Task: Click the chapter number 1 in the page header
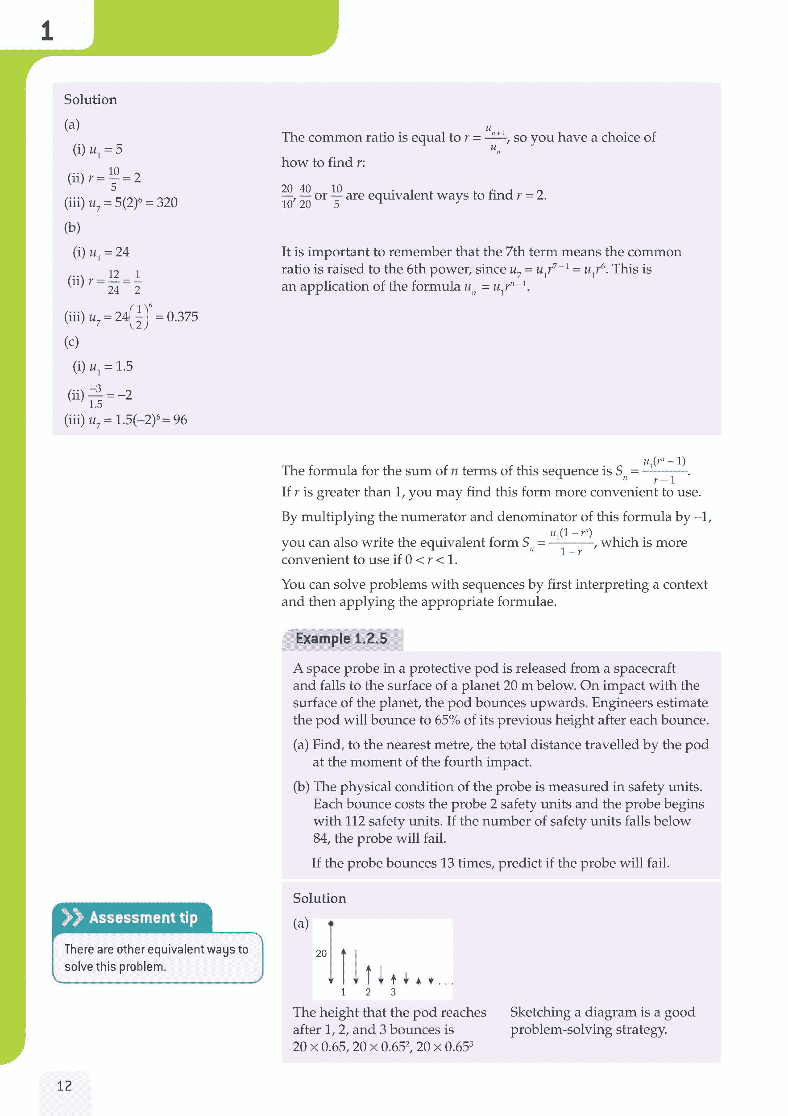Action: (x=47, y=31)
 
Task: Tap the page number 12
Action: (x=64, y=1085)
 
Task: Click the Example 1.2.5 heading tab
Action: (x=341, y=638)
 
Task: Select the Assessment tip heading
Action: (x=143, y=917)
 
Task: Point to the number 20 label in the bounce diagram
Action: (x=321, y=954)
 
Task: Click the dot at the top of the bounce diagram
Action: (x=331, y=924)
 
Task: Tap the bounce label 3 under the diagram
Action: (x=393, y=992)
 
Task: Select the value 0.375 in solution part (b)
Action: (x=182, y=317)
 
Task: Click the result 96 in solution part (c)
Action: (x=180, y=420)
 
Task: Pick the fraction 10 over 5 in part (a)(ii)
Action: (x=114, y=179)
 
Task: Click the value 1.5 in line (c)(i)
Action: (x=124, y=366)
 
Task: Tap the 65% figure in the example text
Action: (x=447, y=720)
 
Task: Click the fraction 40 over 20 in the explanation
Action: (x=305, y=196)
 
